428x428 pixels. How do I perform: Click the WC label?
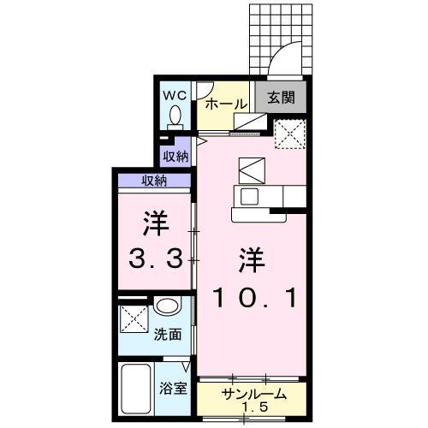pyautogui.click(x=175, y=92)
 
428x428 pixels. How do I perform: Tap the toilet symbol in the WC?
pyautogui.click(x=176, y=115)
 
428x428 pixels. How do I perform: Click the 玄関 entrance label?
pyautogui.click(x=280, y=98)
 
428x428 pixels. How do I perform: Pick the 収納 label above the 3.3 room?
pyautogui.click(x=154, y=180)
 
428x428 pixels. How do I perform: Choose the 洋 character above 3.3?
pyautogui.click(x=154, y=222)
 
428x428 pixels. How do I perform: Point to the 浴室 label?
pyautogui.click(x=175, y=387)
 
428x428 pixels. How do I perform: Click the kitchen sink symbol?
pyautogui.click(x=250, y=196)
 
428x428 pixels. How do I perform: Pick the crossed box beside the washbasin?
pyautogui.click(x=134, y=318)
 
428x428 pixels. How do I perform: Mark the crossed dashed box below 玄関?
pyautogui.click(x=289, y=133)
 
